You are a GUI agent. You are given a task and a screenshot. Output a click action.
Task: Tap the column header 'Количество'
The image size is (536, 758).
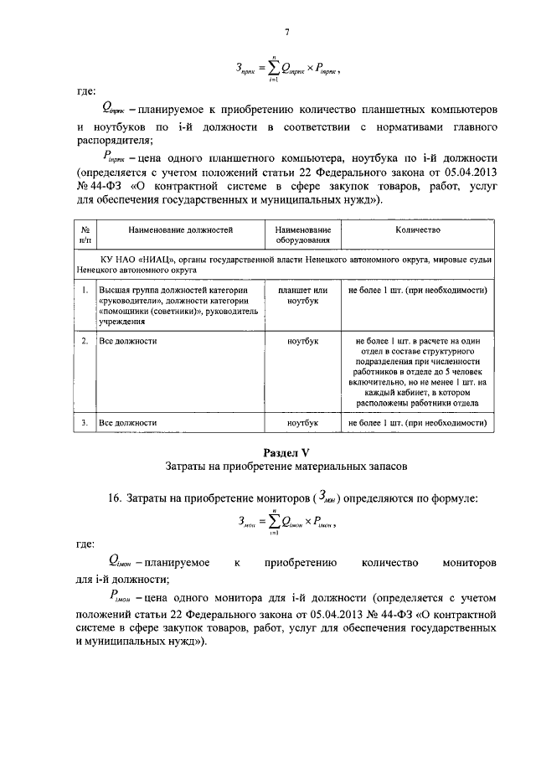coord(418,229)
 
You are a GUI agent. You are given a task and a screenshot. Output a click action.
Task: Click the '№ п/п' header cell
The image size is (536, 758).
coord(85,235)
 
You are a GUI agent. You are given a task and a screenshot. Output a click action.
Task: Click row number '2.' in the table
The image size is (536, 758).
coord(85,342)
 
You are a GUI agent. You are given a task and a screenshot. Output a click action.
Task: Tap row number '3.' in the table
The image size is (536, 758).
coord(85,424)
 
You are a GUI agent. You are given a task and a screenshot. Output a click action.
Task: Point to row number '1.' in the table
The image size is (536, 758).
coord(85,290)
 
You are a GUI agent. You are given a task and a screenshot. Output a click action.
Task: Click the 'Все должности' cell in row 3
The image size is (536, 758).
coord(128,424)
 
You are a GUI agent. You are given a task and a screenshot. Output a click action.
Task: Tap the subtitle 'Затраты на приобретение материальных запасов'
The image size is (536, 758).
coord(286,466)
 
